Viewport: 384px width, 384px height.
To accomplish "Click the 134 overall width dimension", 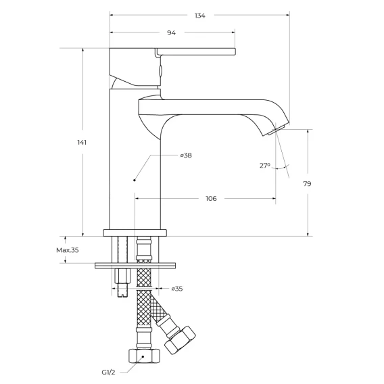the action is click(200, 16).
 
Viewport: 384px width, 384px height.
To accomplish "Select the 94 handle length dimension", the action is click(171, 32).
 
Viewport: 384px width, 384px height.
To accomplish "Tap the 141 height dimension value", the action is click(82, 142).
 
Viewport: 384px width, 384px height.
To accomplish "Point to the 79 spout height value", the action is click(307, 183).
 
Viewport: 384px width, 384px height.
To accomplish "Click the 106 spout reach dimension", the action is click(211, 198).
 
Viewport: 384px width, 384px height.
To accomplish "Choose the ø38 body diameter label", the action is click(186, 155).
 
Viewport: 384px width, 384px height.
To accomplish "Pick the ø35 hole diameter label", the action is click(177, 289).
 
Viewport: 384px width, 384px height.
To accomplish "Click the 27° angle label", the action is click(265, 166).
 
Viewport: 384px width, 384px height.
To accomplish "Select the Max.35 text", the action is click(68, 250).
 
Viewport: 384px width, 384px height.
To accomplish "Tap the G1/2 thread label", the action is click(108, 373).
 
